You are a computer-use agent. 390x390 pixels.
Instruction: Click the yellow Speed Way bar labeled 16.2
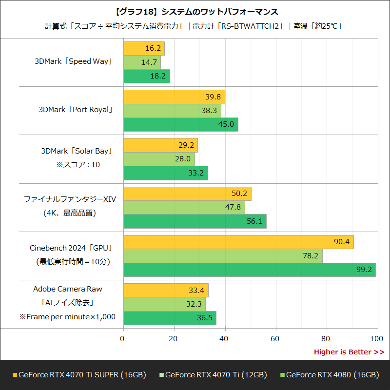coord(144,49)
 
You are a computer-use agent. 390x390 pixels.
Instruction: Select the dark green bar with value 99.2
coord(249,270)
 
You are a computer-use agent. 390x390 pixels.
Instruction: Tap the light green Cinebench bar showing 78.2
coord(222,256)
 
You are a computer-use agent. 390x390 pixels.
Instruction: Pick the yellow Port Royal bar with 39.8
coord(174,97)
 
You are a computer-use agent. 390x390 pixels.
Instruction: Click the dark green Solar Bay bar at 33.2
coord(165,173)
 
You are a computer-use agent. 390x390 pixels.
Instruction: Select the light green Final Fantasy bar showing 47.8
coord(184,208)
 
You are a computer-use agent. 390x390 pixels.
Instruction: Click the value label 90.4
coord(342,242)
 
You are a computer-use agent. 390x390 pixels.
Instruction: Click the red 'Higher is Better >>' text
coord(349,352)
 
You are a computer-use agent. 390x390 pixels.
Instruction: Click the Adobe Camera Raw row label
coord(68,289)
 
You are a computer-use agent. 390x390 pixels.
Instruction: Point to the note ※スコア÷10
coord(78,165)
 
